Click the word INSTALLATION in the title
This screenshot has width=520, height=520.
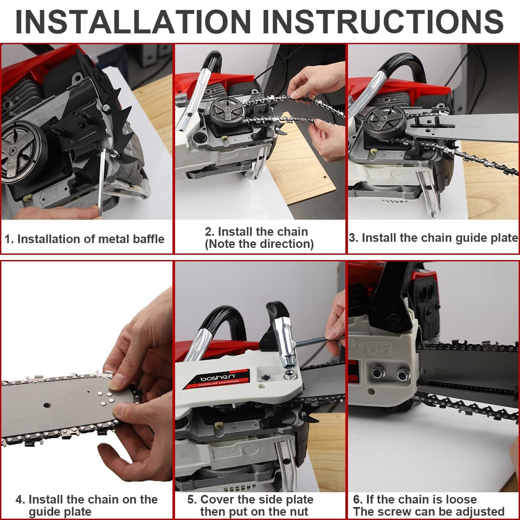[133, 22]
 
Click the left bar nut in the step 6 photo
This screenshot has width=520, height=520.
[377, 373]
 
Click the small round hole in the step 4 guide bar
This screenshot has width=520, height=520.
[47, 405]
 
